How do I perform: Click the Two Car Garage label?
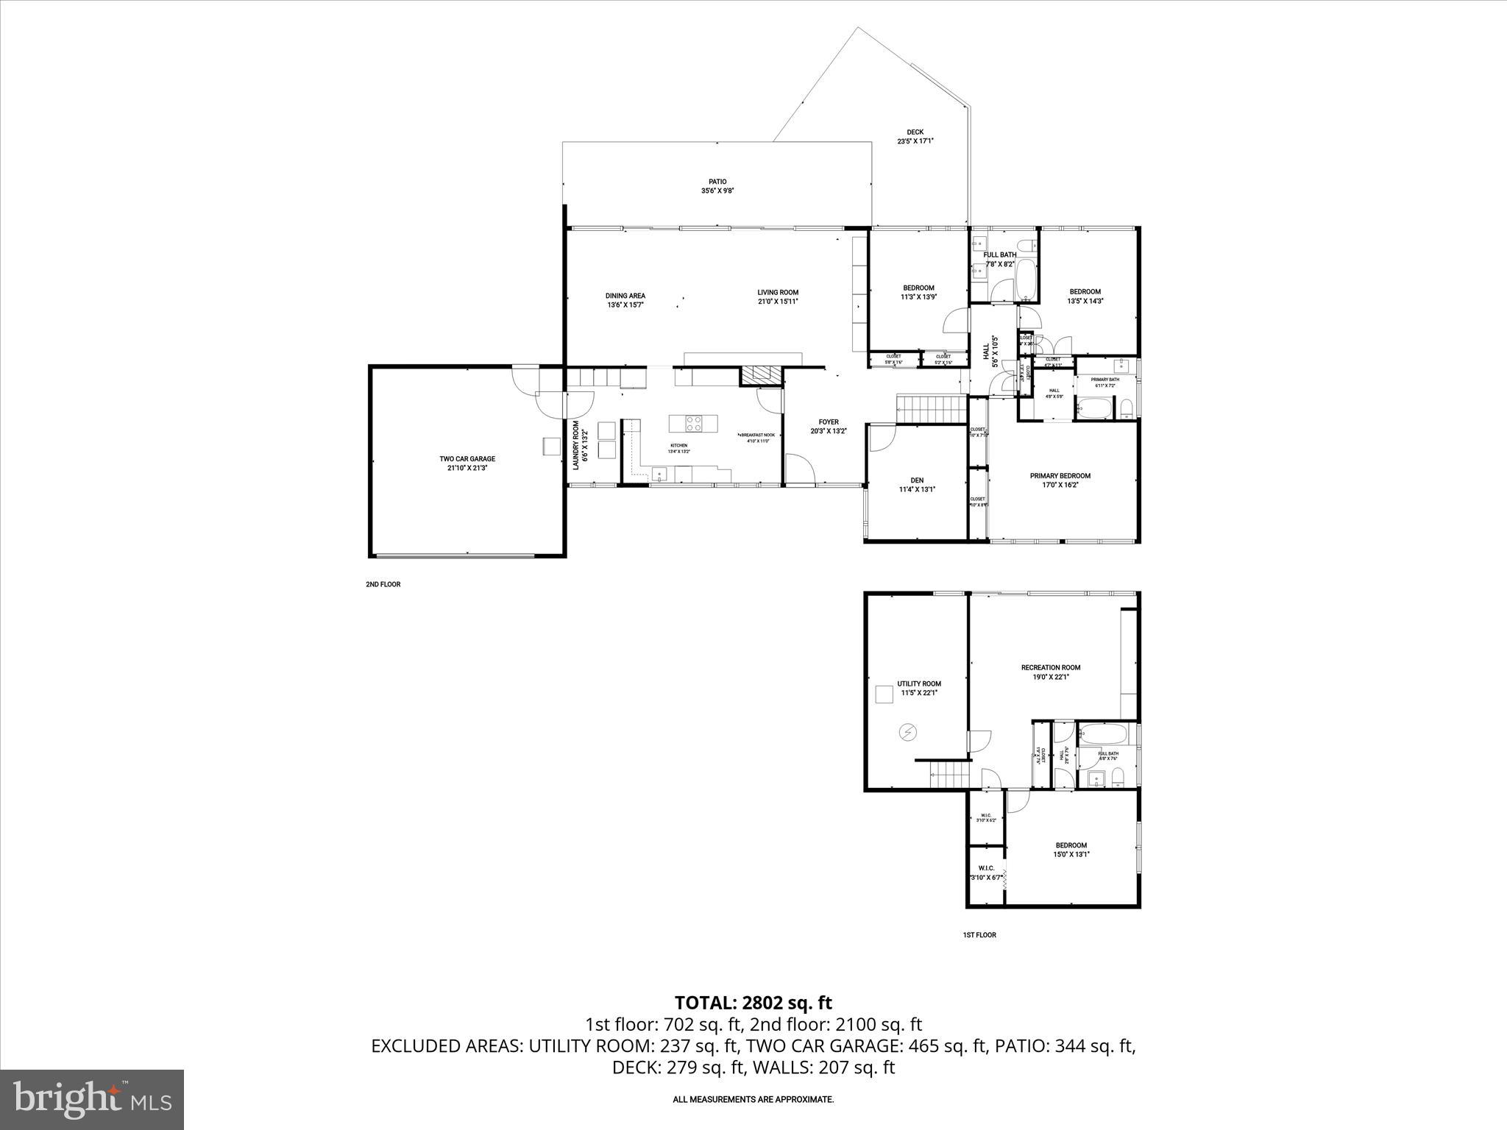point(467,459)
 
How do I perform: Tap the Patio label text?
point(717,182)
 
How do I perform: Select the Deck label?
point(915,132)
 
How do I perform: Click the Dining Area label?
point(625,296)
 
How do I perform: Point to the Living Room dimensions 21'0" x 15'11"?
point(778,302)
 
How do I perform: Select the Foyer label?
point(829,422)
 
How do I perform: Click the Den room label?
point(917,480)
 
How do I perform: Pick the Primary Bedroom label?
point(1060,476)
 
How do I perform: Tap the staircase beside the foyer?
point(931,409)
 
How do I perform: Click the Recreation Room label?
point(1050,668)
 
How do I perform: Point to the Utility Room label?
point(919,683)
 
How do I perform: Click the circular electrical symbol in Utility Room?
point(908,732)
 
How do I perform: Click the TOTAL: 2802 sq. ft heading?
point(753,1003)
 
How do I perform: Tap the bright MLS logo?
point(92,1098)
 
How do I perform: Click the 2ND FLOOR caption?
point(383,584)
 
